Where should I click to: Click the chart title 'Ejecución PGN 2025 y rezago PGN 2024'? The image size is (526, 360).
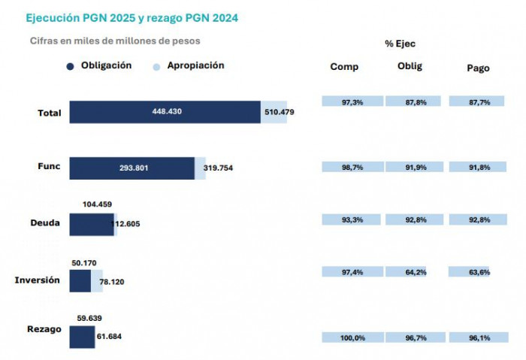point(131,17)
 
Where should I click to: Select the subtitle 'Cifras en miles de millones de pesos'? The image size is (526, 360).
point(114,41)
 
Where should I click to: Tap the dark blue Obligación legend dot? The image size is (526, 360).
point(70,66)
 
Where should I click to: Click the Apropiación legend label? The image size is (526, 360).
point(195,65)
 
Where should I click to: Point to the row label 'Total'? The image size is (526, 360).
point(50,113)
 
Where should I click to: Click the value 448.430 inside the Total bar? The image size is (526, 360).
point(165,112)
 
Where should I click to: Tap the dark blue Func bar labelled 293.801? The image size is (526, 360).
point(132,168)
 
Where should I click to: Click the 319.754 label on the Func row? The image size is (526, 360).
point(218,168)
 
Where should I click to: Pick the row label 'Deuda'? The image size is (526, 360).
point(46,224)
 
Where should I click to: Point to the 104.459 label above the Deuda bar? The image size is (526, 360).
point(96,204)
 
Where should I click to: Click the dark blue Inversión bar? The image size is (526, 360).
point(80,281)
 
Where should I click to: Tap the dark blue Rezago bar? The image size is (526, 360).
point(82,337)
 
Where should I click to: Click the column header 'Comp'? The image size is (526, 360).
point(344,67)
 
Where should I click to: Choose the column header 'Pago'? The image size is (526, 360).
point(478,68)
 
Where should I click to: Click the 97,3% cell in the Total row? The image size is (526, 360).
point(352,101)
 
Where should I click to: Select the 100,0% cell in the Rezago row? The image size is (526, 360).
point(352,338)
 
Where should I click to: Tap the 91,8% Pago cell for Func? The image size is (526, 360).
point(479,167)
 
